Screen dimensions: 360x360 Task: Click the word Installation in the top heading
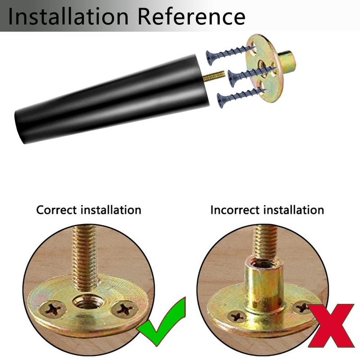[68, 16]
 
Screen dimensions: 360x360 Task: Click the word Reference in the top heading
[192, 16]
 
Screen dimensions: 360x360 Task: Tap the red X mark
[331, 325]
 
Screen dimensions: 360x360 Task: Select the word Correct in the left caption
[56, 210]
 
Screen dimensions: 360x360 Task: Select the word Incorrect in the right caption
[234, 210]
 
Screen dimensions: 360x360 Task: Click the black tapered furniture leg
[112, 99]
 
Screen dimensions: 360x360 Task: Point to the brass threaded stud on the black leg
[213, 76]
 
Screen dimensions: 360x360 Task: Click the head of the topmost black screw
[211, 58]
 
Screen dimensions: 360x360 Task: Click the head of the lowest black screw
[221, 100]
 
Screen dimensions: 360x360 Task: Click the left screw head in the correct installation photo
[53, 309]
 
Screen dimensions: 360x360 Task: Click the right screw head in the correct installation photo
[124, 309]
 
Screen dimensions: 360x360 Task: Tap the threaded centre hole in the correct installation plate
[87, 303]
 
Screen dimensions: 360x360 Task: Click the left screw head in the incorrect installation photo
[237, 317]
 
